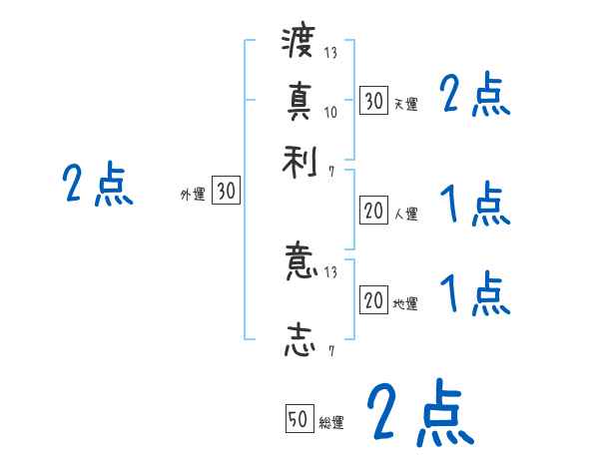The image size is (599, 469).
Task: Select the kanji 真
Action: click(x=299, y=101)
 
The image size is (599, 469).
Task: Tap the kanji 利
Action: click(x=299, y=161)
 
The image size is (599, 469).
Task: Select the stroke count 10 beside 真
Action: click(x=330, y=112)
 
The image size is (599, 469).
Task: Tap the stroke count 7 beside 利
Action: click(x=331, y=172)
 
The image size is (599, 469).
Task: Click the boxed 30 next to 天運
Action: click(x=373, y=101)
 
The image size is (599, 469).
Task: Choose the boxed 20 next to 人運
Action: click(x=373, y=211)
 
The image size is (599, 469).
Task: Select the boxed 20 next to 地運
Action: click(x=373, y=299)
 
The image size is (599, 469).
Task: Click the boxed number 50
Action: click(x=299, y=420)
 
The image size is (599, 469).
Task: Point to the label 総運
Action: click(x=331, y=423)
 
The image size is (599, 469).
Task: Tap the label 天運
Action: click(x=405, y=104)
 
